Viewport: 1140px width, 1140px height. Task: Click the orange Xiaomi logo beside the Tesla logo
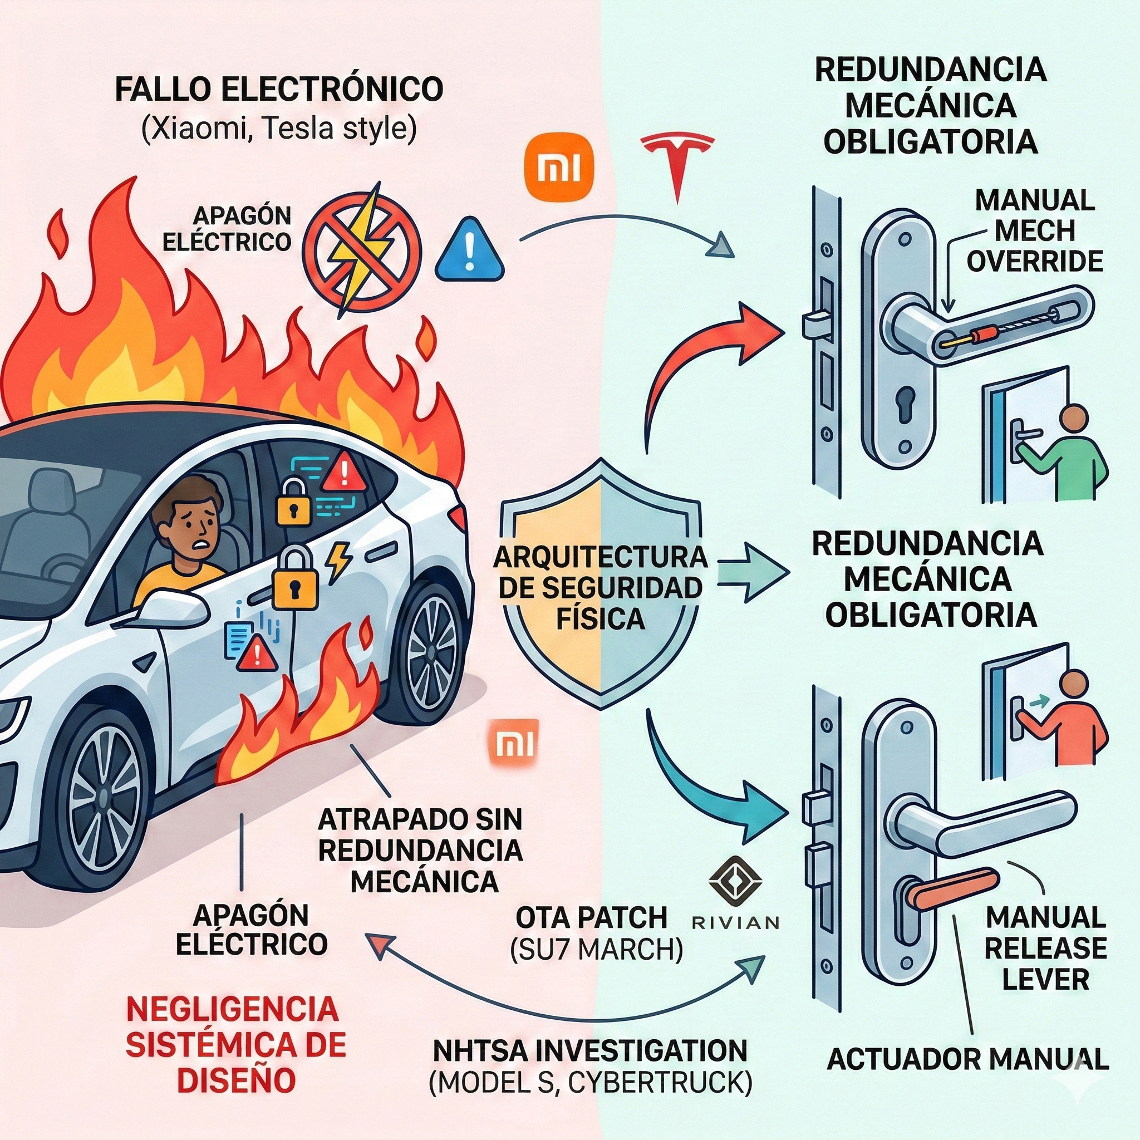(x=558, y=170)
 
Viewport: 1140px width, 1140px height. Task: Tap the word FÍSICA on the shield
(x=601, y=619)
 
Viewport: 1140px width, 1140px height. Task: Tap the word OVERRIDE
(x=1035, y=262)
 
